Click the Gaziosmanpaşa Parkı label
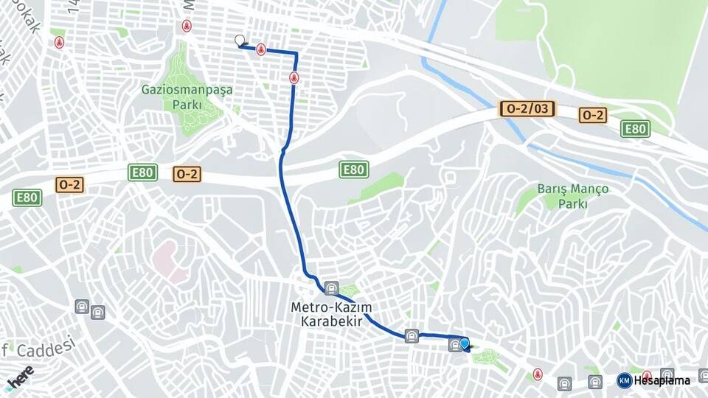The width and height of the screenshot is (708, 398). [x=187, y=97]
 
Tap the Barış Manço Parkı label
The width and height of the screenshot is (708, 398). [x=573, y=196]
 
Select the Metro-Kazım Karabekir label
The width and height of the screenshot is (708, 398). [x=331, y=314]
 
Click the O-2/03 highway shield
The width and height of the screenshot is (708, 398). [x=527, y=109]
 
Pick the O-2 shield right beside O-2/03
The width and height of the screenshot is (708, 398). [x=593, y=115]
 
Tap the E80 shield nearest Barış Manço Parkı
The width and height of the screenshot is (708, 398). [x=634, y=129]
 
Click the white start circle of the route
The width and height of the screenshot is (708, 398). [x=239, y=41]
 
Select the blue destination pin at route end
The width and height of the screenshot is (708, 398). [x=465, y=343]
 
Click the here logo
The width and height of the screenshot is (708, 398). [x=20, y=376]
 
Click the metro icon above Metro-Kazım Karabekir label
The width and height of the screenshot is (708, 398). [x=331, y=287]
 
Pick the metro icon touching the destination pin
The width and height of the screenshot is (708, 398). [x=454, y=345]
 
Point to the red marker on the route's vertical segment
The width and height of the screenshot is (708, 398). [x=294, y=77]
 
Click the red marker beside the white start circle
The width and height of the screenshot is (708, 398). [x=260, y=49]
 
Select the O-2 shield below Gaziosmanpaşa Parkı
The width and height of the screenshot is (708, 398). [x=187, y=175]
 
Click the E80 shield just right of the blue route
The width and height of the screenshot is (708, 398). [x=354, y=170]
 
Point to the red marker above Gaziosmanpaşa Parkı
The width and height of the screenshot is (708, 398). [x=187, y=27]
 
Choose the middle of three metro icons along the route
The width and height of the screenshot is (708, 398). [x=412, y=335]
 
